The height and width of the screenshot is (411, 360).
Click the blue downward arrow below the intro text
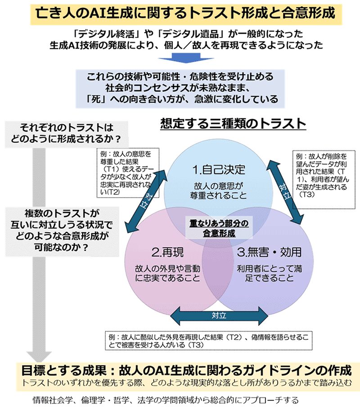[x=180, y=59]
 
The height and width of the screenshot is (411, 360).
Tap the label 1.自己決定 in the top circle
[x=219, y=170]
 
